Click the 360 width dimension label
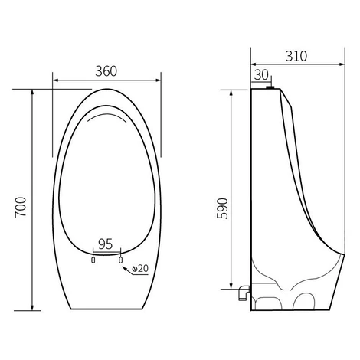click(x=106, y=71)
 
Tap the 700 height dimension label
click(x=21, y=207)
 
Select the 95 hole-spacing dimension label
click(x=106, y=244)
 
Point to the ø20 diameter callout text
click(x=140, y=268)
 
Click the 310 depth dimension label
click(x=296, y=56)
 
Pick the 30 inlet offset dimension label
click(x=262, y=75)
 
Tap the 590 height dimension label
click(x=222, y=208)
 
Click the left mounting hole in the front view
click(x=93, y=260)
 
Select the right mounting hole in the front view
click(x=120, y=260)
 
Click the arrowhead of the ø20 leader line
click(x=125, y=268)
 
